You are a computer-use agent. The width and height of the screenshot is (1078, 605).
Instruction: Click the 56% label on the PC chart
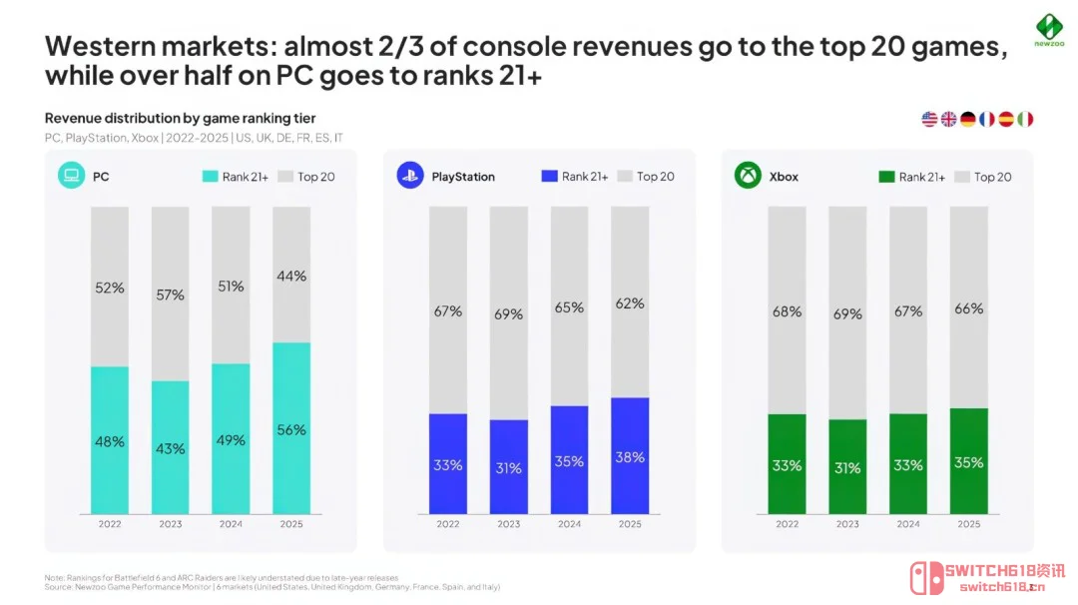(292, 430)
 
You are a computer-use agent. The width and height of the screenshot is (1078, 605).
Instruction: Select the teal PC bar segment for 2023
(171, 448)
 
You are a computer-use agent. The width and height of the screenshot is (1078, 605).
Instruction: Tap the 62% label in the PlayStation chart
(630, 303)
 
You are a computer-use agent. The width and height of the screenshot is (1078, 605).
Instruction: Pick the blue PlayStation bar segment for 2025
(630, 455)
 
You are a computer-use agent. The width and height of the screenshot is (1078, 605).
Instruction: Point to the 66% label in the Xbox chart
(968, 308)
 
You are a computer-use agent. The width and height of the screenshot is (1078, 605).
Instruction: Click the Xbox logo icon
(748, 177)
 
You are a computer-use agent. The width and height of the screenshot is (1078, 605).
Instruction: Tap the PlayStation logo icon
(410, 177)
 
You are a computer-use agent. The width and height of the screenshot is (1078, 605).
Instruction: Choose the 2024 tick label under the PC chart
(232, 524)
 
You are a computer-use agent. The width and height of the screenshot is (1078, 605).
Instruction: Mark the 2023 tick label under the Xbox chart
(847, 524)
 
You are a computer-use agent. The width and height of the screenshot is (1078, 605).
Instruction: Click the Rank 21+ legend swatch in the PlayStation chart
(548, 177)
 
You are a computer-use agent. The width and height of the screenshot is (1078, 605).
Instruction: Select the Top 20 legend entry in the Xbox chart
(982, 177)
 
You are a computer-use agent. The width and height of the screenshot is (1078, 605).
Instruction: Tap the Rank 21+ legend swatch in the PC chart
(210, 177)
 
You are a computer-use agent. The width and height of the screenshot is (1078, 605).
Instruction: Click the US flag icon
(929, 119)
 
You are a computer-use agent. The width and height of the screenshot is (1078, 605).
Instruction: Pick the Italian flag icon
(1025, 119)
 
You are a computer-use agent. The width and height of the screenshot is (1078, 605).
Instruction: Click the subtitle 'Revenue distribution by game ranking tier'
(180, 119)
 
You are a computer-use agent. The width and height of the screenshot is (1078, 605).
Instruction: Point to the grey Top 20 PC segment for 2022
(110, 287)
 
